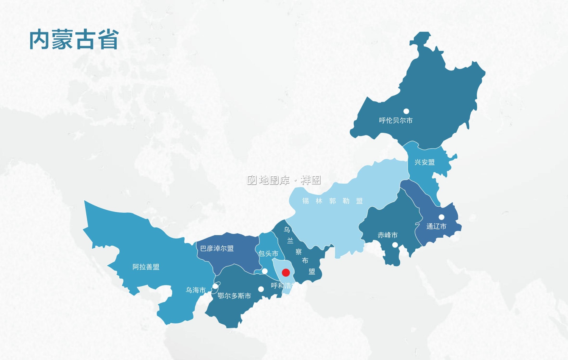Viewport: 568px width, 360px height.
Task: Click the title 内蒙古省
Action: coord(74,40)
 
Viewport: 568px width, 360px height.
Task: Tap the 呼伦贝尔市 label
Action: coord(396,120)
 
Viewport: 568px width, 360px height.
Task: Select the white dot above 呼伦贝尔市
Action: coord(406,111)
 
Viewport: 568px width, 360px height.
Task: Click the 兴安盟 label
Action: coord(424,162)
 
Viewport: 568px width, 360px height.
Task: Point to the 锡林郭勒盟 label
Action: coord(332,201)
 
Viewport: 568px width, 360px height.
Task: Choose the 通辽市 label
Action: coord(436,226)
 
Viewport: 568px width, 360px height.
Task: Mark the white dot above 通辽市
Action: coord(442,217)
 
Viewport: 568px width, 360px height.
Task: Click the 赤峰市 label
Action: coord(387,235)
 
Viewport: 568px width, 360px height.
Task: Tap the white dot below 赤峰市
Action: coord(395,245)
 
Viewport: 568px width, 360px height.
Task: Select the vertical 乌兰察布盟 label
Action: coord(299,251)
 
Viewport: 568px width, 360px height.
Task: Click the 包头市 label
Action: coord(268,254)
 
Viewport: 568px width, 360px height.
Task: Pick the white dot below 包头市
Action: coord(265,271)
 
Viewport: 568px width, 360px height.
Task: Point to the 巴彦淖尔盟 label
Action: coord(217,248)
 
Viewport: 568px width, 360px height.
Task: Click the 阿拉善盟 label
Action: coord(146,267)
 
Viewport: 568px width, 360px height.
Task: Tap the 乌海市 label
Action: coord(195,290)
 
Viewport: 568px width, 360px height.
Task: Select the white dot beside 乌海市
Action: coord(215,286)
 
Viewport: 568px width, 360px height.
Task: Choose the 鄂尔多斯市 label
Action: coord(234,296)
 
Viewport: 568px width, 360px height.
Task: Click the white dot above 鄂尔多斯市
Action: coord(261,289)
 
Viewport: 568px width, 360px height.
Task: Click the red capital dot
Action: coord(286,273)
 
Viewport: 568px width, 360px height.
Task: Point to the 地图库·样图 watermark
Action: coord(284,180)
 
